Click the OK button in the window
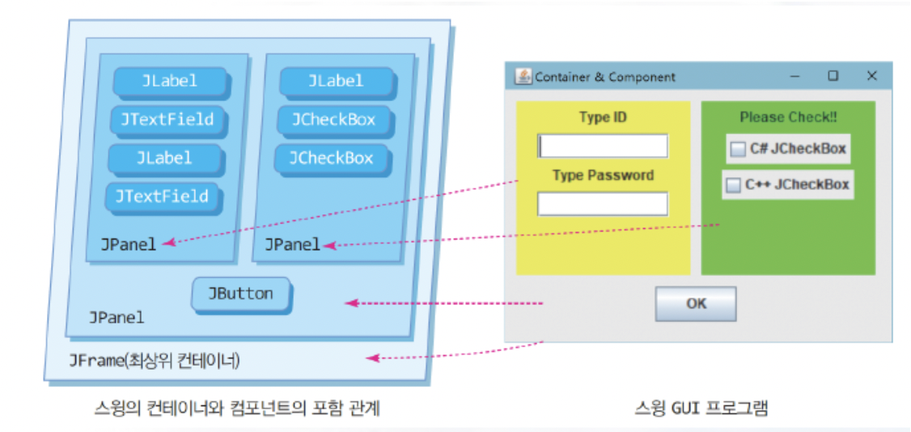pos(696,304)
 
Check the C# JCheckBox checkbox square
pos(738,150)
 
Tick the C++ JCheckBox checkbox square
pos(733,185)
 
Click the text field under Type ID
pos(603,146)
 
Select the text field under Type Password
pos(603,204)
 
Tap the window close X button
pos(871,76)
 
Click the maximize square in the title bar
pos(833,76)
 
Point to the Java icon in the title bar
pos(523,76)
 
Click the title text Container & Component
pos(605,77)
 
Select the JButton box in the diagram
pos(241,294)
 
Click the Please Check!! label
pos(788,118)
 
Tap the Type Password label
pos(603,176)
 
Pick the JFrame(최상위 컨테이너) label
pos(155,360)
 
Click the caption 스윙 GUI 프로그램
pos(701,409)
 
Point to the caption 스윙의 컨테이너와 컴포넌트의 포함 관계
pos(236,409)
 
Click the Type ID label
pos(603,118)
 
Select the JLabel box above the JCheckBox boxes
pos(336,81)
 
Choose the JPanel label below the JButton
pos(117,317)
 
